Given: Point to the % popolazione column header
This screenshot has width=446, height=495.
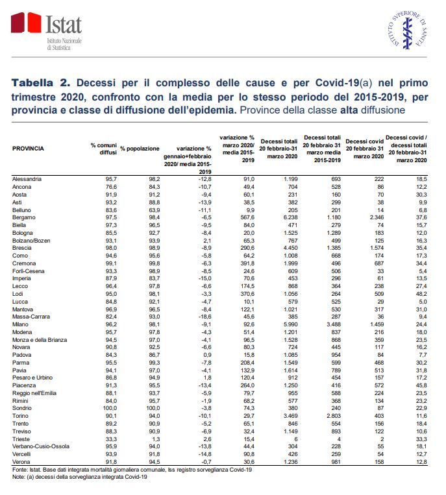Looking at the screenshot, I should click(x=140, y=149).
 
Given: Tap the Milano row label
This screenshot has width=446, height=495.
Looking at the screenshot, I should click(x=21, y=323).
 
